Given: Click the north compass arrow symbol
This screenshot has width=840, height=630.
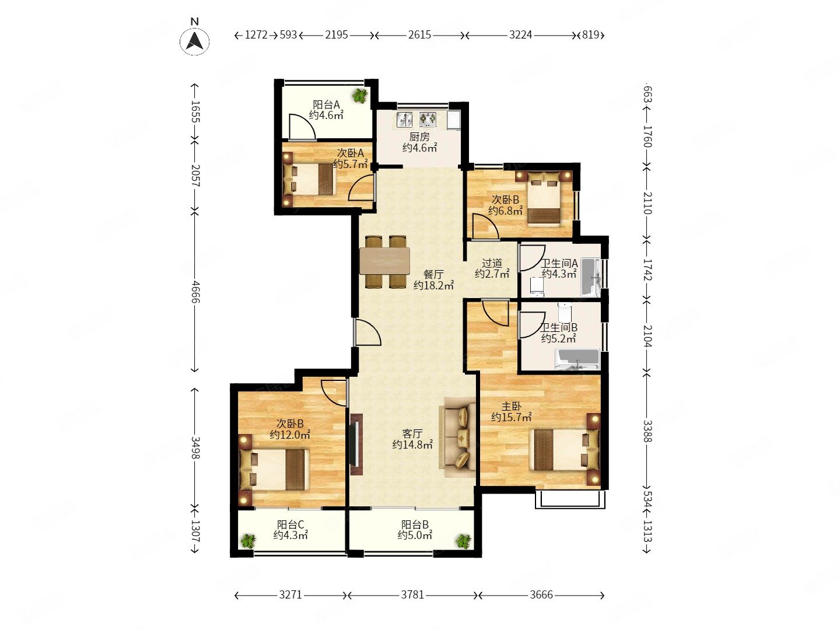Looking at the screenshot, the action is coord(194,41).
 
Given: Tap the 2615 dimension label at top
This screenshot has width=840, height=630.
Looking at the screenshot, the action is coord(419,35).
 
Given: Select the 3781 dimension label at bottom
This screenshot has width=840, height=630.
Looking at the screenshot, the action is coord(412,595).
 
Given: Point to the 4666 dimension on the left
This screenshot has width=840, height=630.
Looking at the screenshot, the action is coord(195,292).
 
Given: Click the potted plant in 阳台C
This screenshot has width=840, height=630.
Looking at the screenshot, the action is coord(249,541).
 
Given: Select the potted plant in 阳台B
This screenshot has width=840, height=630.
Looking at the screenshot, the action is coord(463,541).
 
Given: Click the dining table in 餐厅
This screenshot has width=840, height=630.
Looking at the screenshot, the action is coord(384,261).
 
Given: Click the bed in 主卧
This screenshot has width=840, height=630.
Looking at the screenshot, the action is coord(565,449).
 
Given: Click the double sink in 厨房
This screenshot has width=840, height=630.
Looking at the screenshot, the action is coord(404,119).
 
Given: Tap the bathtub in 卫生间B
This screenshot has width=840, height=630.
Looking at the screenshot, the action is coord(577,359).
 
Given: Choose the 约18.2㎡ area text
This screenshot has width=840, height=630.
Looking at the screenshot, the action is coord(433,285).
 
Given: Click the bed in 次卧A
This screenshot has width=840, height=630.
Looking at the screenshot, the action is coord(309,180).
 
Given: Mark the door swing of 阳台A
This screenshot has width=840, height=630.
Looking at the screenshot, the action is coord(302,126).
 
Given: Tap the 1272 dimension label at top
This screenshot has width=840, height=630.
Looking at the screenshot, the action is coord(256,35).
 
